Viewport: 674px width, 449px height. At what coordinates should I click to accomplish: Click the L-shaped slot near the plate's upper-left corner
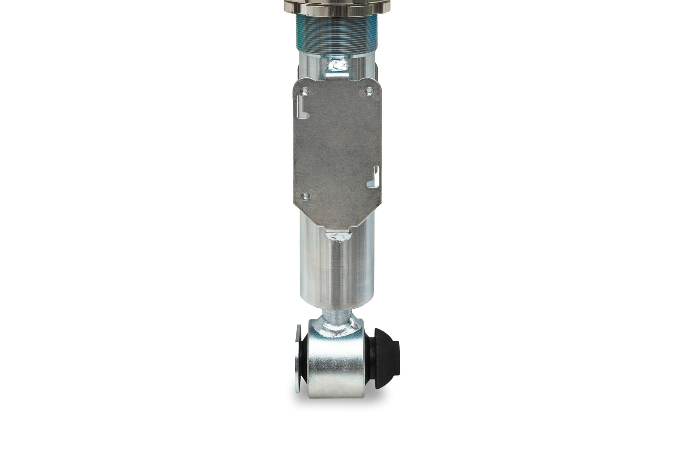[302, 107]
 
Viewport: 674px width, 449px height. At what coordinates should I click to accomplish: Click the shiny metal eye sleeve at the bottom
[336, 368]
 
